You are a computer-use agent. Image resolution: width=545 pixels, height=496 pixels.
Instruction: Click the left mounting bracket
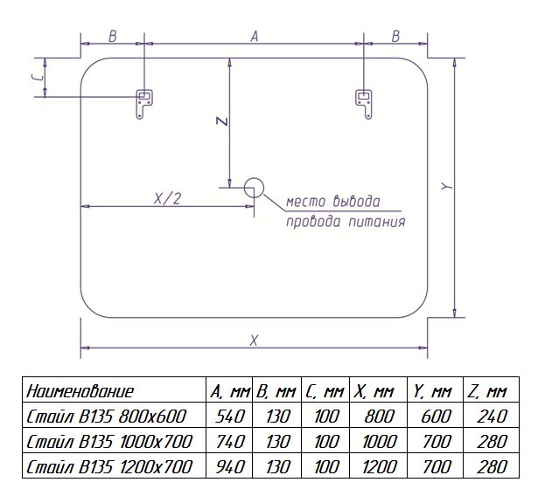point(143,104)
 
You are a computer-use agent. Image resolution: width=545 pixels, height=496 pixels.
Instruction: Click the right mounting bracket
point(364,104)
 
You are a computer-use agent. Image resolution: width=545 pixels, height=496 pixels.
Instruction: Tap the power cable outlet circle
point(254,188)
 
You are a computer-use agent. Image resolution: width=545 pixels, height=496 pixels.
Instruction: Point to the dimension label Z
point(222,121)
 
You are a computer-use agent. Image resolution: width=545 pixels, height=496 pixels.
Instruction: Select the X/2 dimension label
point(168,199)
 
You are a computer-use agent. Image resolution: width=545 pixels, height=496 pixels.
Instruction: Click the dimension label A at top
point(255,36)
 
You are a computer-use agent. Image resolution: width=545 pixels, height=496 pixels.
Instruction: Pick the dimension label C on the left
point(40,78)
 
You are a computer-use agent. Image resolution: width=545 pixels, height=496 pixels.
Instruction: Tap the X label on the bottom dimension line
point(254,341)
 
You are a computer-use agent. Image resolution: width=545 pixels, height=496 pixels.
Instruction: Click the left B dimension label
point(113,36)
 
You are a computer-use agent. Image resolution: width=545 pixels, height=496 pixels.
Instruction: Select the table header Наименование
point(80,391)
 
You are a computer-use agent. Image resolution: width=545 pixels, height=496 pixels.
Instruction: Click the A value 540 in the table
point(230,417)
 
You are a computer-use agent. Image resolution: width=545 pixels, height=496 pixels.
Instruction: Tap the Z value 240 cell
point(492,417)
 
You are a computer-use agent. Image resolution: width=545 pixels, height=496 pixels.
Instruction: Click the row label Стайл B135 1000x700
point(109,442)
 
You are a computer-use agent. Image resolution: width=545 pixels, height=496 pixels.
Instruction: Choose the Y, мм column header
point(432,391)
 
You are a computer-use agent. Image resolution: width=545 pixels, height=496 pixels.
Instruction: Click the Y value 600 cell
point(436,417)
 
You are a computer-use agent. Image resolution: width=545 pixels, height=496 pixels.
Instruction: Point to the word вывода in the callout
point(357,201)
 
